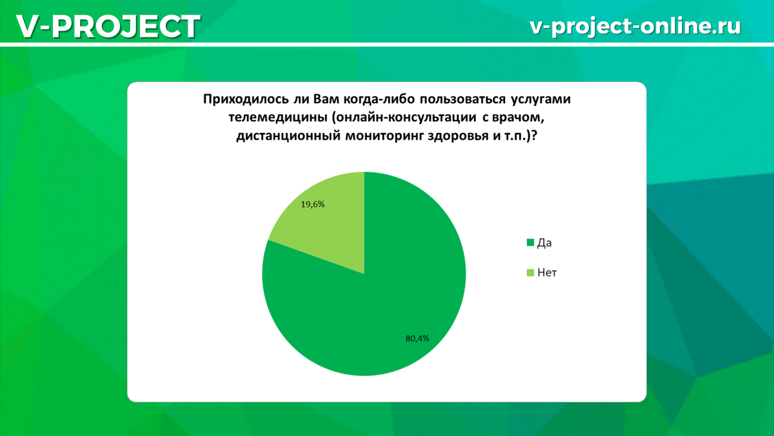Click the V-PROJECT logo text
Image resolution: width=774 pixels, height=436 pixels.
point(108,26)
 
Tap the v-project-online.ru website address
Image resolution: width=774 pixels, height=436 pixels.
point(635,26)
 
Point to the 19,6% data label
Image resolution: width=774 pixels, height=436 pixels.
point(313,205)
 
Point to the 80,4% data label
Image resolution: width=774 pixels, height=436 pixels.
point(417,338)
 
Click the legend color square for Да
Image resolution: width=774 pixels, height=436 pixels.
point(530,243)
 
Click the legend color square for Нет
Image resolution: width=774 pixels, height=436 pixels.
point(530,273)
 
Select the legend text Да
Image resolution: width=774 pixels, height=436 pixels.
point(544,243)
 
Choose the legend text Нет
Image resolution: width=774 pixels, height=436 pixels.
point(547,273)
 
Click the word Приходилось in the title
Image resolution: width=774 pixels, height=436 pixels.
point(246,99)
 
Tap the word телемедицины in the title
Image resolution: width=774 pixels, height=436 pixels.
point(278,118)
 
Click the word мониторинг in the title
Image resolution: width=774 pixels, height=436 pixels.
point(384,136)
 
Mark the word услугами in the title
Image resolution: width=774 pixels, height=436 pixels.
point(541,99)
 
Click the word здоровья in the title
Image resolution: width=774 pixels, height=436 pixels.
point(456,136)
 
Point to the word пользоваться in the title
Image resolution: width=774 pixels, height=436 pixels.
point(462,99)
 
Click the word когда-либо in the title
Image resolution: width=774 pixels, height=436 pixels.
point(379,99)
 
